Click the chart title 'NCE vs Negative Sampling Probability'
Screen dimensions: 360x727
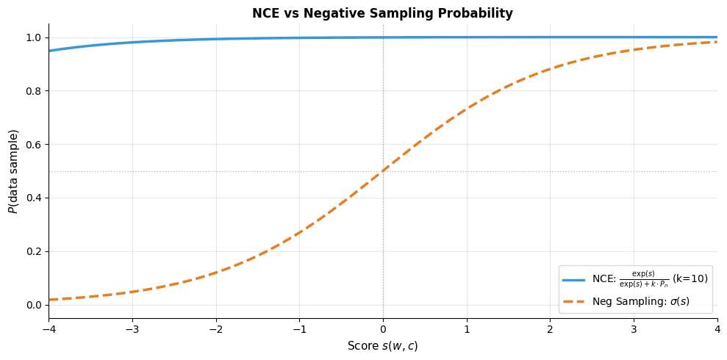click(382, 13)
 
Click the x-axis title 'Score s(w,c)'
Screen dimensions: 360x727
click(382, 346)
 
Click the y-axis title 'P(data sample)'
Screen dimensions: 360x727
click(13, 171)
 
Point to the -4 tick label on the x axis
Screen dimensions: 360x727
click(49, 330)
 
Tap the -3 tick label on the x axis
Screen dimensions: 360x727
click(132, 330)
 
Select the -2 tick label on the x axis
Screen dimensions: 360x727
click(215, 330)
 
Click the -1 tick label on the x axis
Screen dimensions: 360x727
click(299, 330)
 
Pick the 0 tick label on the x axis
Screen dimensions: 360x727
click(383, 330)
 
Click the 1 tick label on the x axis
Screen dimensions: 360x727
click(466, 330)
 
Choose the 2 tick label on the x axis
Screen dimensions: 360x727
click(550, 330)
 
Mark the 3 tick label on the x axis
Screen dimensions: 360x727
click(634, 330)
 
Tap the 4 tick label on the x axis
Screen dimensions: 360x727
click(717, 330)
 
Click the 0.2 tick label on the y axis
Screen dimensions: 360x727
click(34, 251)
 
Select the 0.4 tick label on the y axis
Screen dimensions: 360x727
click(34, 198)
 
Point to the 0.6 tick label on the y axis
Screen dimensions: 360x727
click(34, 145)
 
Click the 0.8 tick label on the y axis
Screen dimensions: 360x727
click(34, 91)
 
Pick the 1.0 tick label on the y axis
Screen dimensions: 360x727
click(34, 37)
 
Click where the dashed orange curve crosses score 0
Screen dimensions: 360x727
click(383, 171)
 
